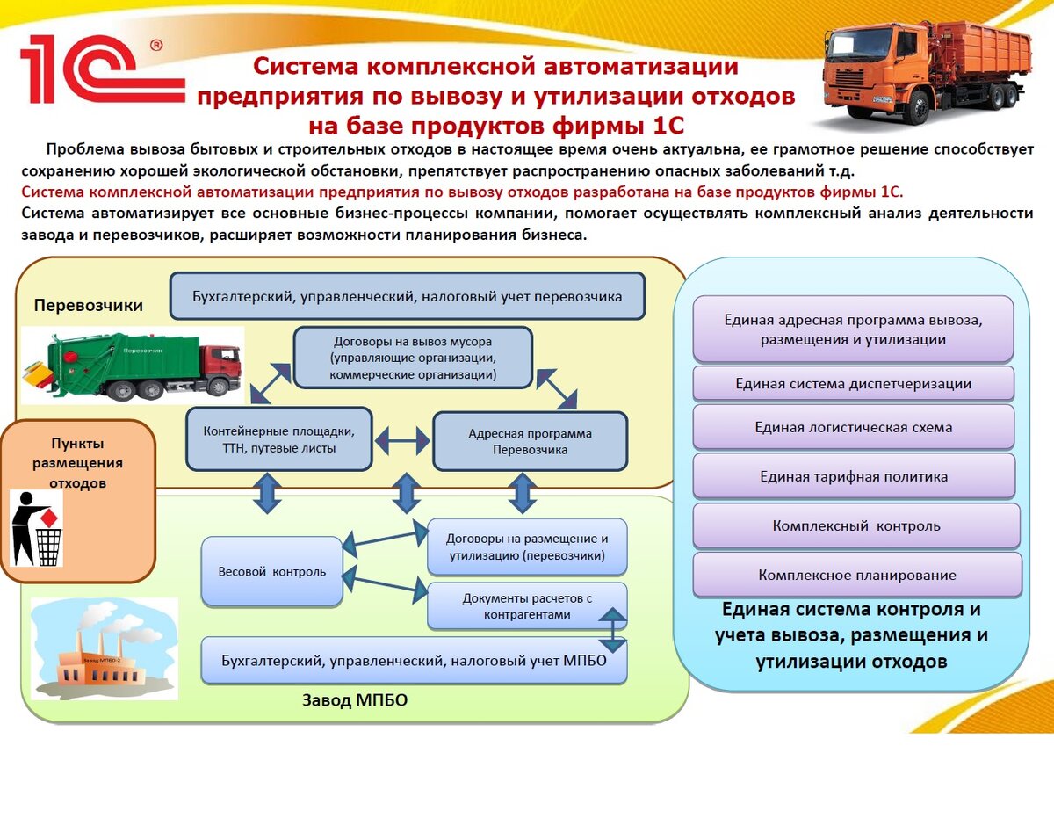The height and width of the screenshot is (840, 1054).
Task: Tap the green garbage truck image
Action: pyautogui.click(x=132, y=366)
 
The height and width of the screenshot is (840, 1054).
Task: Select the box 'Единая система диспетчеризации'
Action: pyautogui.click(x=853, y=384)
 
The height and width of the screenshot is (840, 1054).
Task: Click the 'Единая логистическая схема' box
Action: pyautogui.click(x=853, y=428)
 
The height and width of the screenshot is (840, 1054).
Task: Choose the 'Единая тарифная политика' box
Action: pyautogui.click(x=853, y=477)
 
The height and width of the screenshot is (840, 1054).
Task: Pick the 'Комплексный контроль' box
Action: pyautogui.click(x=856, y=526)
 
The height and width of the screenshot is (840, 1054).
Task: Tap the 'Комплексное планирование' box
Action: pyautogui.click(x=857, y=576)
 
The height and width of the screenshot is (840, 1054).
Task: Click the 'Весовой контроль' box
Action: pyautogui.click(x=271, y=572)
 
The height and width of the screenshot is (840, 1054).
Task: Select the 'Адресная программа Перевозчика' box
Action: pyautogui.click(x=530, y=442)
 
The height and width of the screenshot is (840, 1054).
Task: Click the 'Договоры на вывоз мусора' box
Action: pyautogui.click(x=413, y=358)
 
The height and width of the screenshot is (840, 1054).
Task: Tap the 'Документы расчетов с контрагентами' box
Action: pyautogui.click(x=527, y=606)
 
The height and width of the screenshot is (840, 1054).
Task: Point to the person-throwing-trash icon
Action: pyautogui.click(x=37, y=527)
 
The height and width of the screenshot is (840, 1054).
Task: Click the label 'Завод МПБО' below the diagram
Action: pyautogui.click(x=355, y=701)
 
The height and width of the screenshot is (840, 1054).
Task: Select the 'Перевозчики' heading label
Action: pyautogui.click(x=88, y=306)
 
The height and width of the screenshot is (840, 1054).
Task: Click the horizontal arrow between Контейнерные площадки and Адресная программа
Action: pyautogui.click(x=402, y=438)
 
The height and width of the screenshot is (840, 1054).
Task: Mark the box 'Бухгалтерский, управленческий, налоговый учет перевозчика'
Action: pyautogui.click(x=408, y=297)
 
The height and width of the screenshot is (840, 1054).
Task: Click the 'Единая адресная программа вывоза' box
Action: pyautogui.click(x=853, y=329)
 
